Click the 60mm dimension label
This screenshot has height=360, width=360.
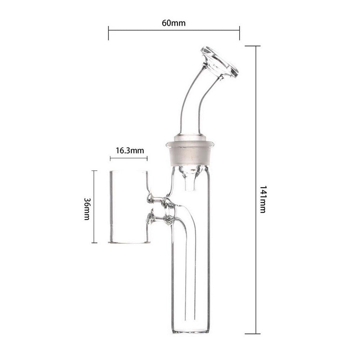coord(174,23)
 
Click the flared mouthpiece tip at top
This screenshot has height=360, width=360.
coord(220,62)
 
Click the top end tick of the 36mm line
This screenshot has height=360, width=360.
coord(94,171)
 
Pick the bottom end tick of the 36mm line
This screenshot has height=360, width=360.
coord(94,243)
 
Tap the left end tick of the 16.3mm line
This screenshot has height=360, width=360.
coord(110,158)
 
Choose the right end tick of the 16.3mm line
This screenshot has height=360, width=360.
coord(147,158)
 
